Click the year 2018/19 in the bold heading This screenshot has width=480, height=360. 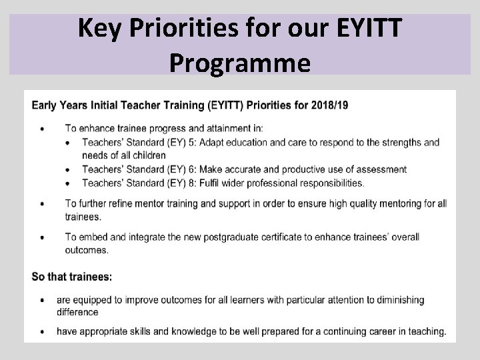(x=326, y=105)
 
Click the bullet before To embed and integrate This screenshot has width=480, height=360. (x=43, y=238)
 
